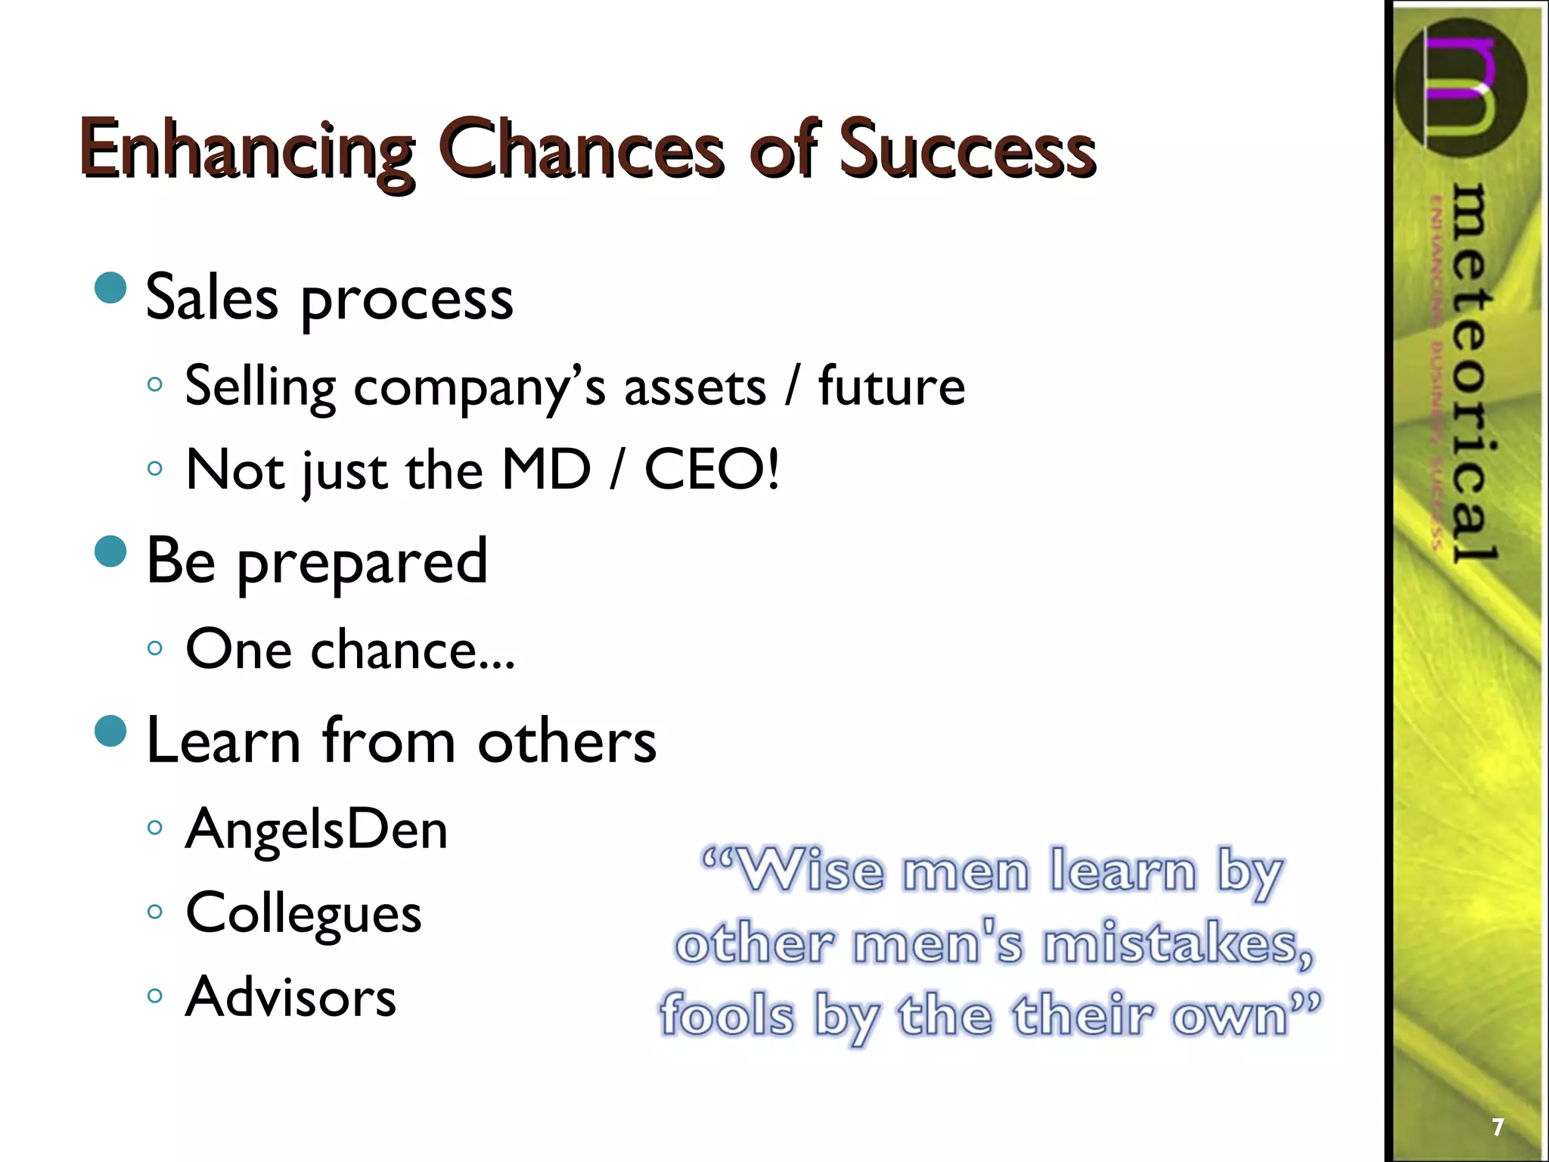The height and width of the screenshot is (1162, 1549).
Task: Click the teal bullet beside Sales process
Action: (112, 288)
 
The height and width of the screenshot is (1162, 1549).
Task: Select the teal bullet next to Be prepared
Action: (112, 551)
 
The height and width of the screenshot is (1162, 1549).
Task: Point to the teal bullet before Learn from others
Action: (112, 732)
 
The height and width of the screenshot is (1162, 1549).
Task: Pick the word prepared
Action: (362, 564)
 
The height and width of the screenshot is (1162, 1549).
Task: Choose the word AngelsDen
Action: (316, 830)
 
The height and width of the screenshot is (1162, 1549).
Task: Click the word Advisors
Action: (290, 997)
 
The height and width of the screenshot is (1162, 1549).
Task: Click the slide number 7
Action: (1497, 1127)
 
